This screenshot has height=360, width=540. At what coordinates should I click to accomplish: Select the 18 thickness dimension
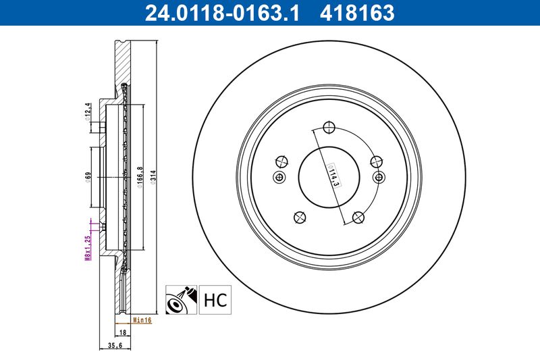pyautogui.click(x=123, y=332)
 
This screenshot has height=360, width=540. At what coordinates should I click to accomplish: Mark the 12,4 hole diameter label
pyautogui.click(x=88, y=110)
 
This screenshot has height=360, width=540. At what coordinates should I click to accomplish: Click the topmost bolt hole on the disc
pyautogui.click(x=329, y=128)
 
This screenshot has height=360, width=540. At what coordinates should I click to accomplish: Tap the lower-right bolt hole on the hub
pyautogui.click(x=358, y=217)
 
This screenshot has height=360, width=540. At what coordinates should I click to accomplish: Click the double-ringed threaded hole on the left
pyautogui.click(x=279, y=177)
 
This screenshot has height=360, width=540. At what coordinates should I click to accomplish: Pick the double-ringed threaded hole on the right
pyautogui.click(x=379, y=177)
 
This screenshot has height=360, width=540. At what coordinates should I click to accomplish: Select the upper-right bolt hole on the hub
pyautogui.click(x=377, y=161)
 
